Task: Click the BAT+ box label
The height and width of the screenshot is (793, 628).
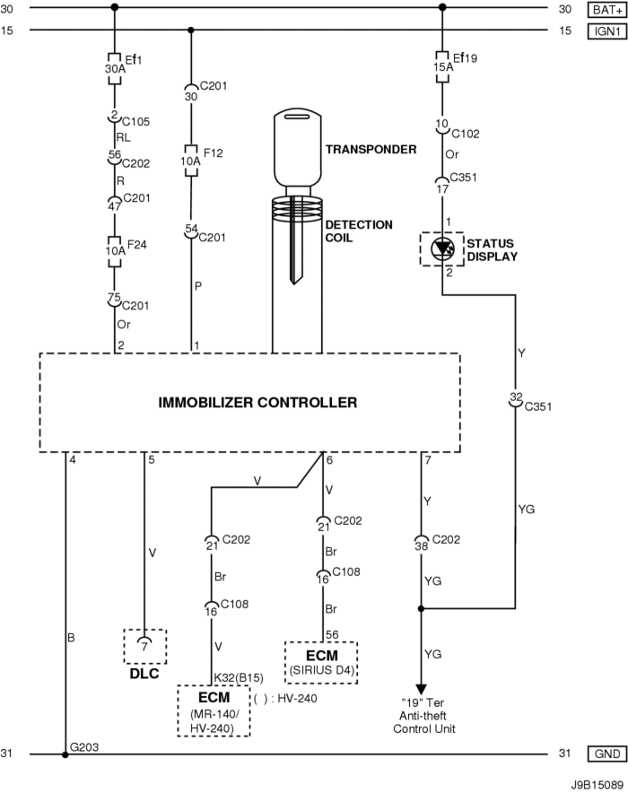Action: click(600, 9)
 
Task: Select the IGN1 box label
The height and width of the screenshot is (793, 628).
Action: click(600, 30)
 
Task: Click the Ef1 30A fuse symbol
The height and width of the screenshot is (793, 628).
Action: click(114, 68)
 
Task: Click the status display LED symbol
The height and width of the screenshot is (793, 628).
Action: click(441, 248)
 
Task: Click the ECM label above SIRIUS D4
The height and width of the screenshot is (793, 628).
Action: click(321, 655)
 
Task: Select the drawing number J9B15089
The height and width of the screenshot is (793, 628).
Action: click(595, 781)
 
